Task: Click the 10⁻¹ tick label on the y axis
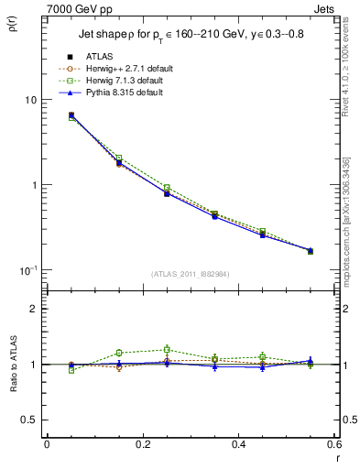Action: (28, 270)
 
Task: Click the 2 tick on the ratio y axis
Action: (34, 309)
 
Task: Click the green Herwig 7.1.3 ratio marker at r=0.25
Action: (167, 349)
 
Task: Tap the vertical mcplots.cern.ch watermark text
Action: (352, 211)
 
